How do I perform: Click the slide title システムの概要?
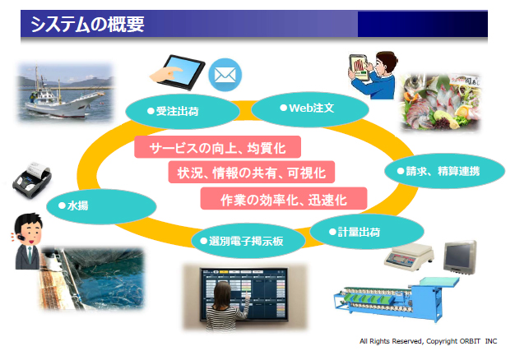pyautogui.click(x=87, y=25)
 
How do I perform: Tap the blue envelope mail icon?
pyautogui.click(x=225, y=75)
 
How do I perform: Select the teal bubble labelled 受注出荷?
pyautogui.click(x=183, y=111)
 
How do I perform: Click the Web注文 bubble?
pyautogui.click(x=310, y=108)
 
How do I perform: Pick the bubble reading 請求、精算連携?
pyautogui.click(x=444, y=171)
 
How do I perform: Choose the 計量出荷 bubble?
pyautogui.click(x=367, y=232)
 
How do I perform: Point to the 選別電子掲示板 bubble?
pyautogui.click(x=248, y=241)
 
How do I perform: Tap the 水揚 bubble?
pyautogui.click(x=101, y=206)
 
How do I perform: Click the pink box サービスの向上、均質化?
pyautogui.click(x=217, y=147)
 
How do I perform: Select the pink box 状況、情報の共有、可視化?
pyautogui.click(x=251, y=173)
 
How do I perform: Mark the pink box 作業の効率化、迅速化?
pyautogui.click(x=284, y=199)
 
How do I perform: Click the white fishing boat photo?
pyautogui.click(x=66, y=93)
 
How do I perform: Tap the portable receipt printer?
pyautogui.click(x=32, y=179)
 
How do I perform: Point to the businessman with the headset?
pyautogui.click(x=28, y=242)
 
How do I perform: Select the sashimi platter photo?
pyautogui.click(x=440, y=102)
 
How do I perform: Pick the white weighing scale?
pyautogui.click(x=409, y=256)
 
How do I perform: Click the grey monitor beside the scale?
pyautogui.click(x=460, y=257)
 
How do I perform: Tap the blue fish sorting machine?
pyautogui.click(x=397, y=298)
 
